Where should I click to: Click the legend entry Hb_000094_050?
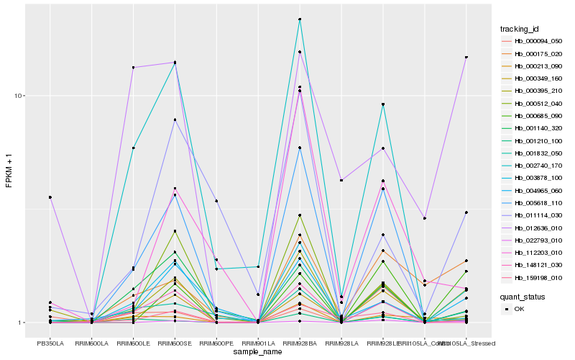click(537, 42)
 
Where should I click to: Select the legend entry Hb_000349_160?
click(537, 78)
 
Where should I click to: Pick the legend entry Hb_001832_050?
click(537, 154)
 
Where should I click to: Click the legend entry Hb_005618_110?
click(537, 203)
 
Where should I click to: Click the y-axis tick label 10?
click(20, 96)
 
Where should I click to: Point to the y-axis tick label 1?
click(22, 323)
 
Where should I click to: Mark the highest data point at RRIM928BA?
click(299, 19)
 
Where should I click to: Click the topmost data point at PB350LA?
click(50, 197)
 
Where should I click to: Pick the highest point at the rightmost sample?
click(466, 58)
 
